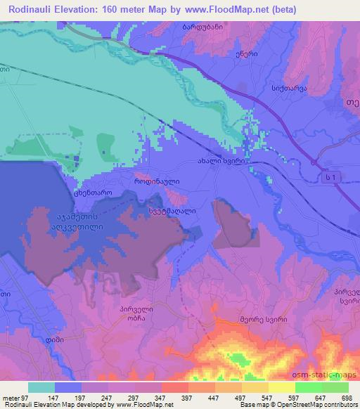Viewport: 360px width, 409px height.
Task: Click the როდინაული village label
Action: coord(157,181)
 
